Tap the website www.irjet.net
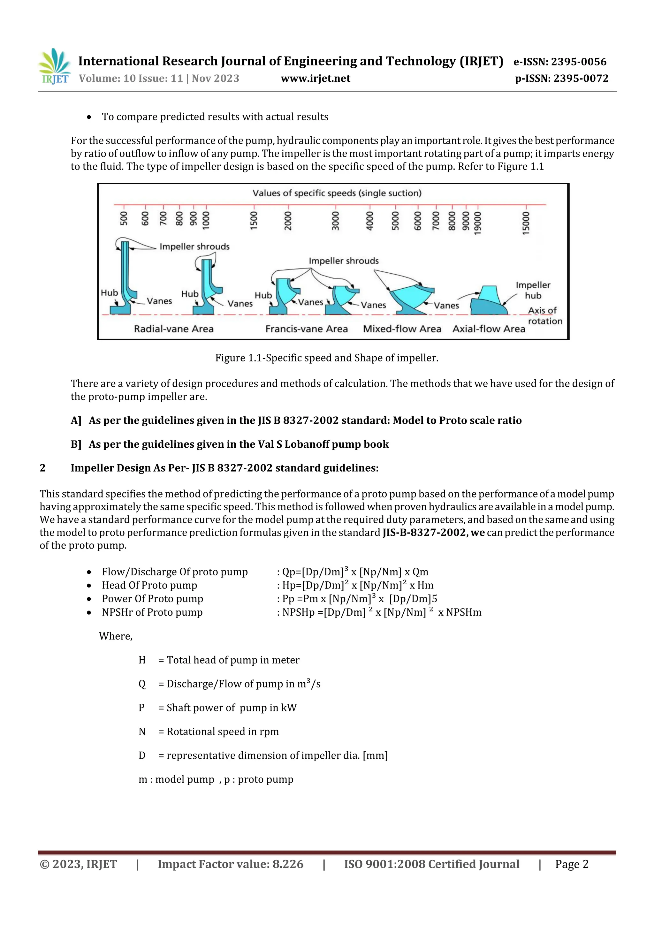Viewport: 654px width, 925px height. tap(316, 79)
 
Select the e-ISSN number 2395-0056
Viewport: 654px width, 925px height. tap(579, 62)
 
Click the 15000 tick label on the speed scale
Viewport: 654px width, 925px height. tap(525, 223)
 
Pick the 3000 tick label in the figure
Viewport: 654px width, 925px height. tap(335, 220)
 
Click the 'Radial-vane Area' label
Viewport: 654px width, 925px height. tap(174, 329)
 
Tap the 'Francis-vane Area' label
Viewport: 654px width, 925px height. tap(306, 329)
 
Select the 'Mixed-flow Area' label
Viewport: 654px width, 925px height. tap(402, 329)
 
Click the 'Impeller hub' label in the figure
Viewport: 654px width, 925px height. tap(533, 290)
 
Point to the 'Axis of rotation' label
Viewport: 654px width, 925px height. tap(544, 315)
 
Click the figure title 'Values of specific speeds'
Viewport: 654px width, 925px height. tap(337, 193)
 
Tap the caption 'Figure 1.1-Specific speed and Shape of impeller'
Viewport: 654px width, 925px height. tap(326, 358)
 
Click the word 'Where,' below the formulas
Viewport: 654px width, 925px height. tap(116, 636)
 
